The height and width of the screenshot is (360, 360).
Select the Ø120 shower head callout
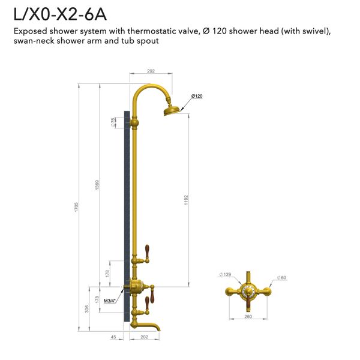(197, 97)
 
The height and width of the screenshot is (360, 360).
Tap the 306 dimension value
(88, 309)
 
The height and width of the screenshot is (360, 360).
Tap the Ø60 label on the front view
(281, 278)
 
